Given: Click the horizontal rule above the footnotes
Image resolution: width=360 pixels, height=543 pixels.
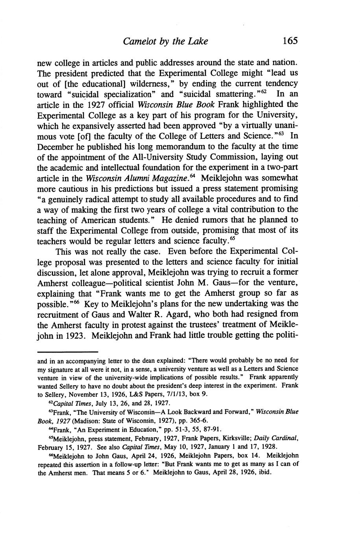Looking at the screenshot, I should pos(67,351).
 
